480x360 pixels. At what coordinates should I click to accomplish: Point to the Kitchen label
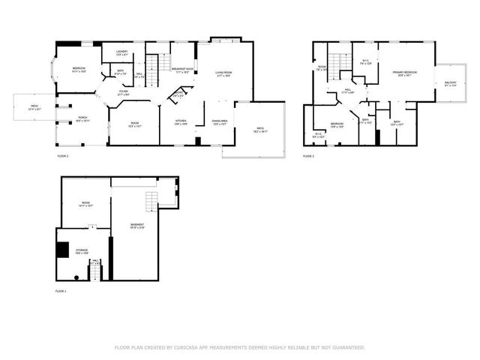pos(181,121)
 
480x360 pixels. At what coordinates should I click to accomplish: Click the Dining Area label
pos(219,121)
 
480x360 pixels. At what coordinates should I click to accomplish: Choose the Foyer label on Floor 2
pos(123,93)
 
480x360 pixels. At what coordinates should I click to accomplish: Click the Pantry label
pos(178,95)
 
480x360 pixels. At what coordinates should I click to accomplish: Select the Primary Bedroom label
pos(404,73)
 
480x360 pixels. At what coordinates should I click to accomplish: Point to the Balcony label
pos(450,83)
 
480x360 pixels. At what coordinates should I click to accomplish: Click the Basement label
pos(137,225)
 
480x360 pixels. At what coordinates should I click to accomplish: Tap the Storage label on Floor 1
pos(81,251)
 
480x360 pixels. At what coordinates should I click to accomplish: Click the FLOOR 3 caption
pos(308,156)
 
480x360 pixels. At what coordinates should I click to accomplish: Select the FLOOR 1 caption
pos(61,290)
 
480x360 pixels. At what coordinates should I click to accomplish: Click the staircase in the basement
pos(152,201)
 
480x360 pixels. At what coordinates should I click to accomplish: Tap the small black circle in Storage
pos(76,277)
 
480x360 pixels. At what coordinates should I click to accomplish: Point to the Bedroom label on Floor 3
pos(337,124)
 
